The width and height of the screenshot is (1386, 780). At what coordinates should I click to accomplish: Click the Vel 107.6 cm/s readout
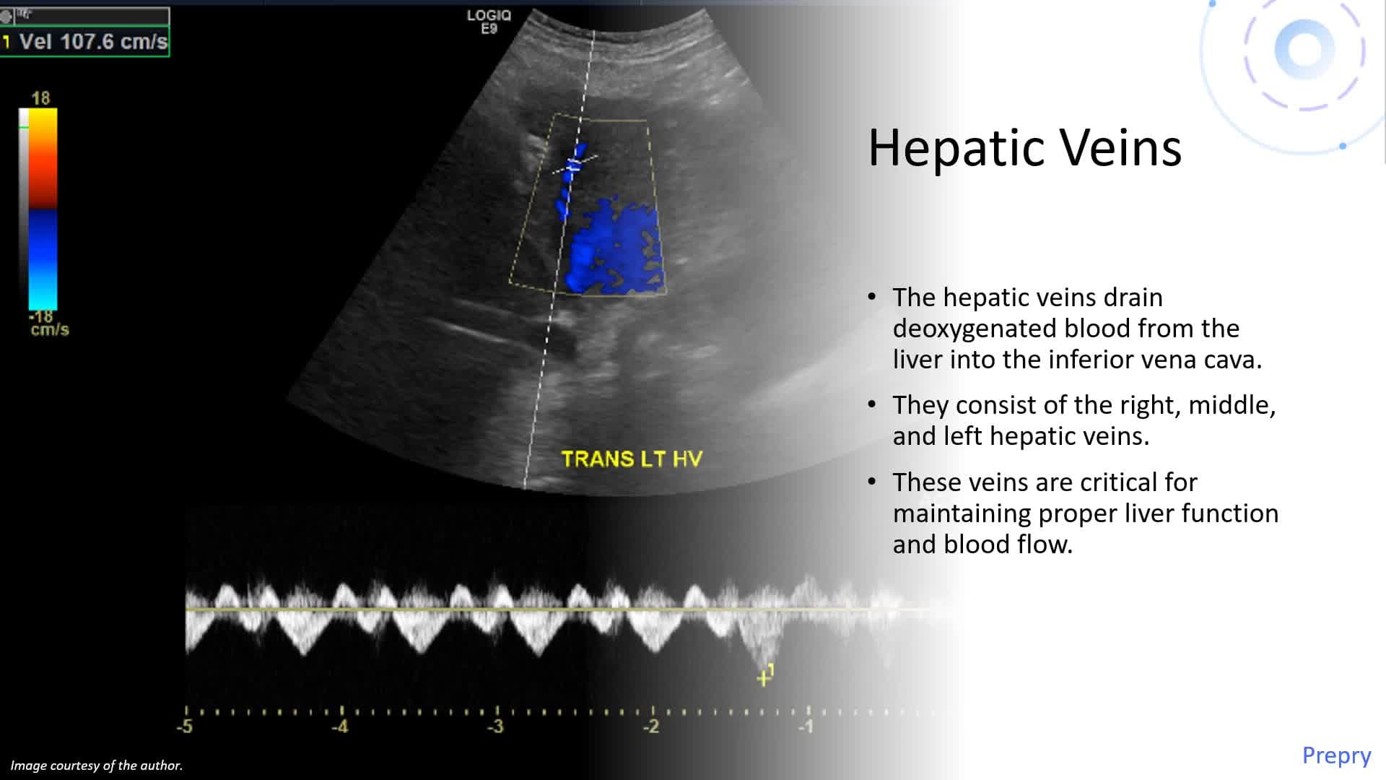pos(92,42)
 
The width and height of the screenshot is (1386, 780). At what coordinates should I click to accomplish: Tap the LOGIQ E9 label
pos(489,22)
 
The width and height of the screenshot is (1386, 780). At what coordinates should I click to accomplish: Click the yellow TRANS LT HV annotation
pos(632,459)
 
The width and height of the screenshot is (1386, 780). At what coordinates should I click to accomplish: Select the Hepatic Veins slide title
pos(1024,148)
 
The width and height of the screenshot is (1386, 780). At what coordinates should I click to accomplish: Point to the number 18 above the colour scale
pos(40,98)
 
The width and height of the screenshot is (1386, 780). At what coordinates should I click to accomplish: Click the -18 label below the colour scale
pos(41,316)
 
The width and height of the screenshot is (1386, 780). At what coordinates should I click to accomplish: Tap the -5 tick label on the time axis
pos(185,726)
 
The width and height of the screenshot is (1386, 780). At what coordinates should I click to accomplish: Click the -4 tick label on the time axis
pos(339,726)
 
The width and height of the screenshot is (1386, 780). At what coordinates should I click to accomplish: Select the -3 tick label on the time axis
pos(495,726)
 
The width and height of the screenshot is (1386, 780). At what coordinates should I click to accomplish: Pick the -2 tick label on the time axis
pos(650,726)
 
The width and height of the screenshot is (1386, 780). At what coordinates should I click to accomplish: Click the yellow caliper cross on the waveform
pos(763,679)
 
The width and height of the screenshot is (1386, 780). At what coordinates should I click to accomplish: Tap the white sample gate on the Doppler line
pos(575,165)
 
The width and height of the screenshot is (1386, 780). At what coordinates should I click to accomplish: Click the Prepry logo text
pos(1336,755)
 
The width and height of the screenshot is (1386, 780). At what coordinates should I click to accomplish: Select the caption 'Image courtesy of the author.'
pos(96,766)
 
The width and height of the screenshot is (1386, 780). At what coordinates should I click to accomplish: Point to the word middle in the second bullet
pos(1232,405)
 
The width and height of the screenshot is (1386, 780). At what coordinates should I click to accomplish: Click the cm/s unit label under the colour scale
pos(50,330)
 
